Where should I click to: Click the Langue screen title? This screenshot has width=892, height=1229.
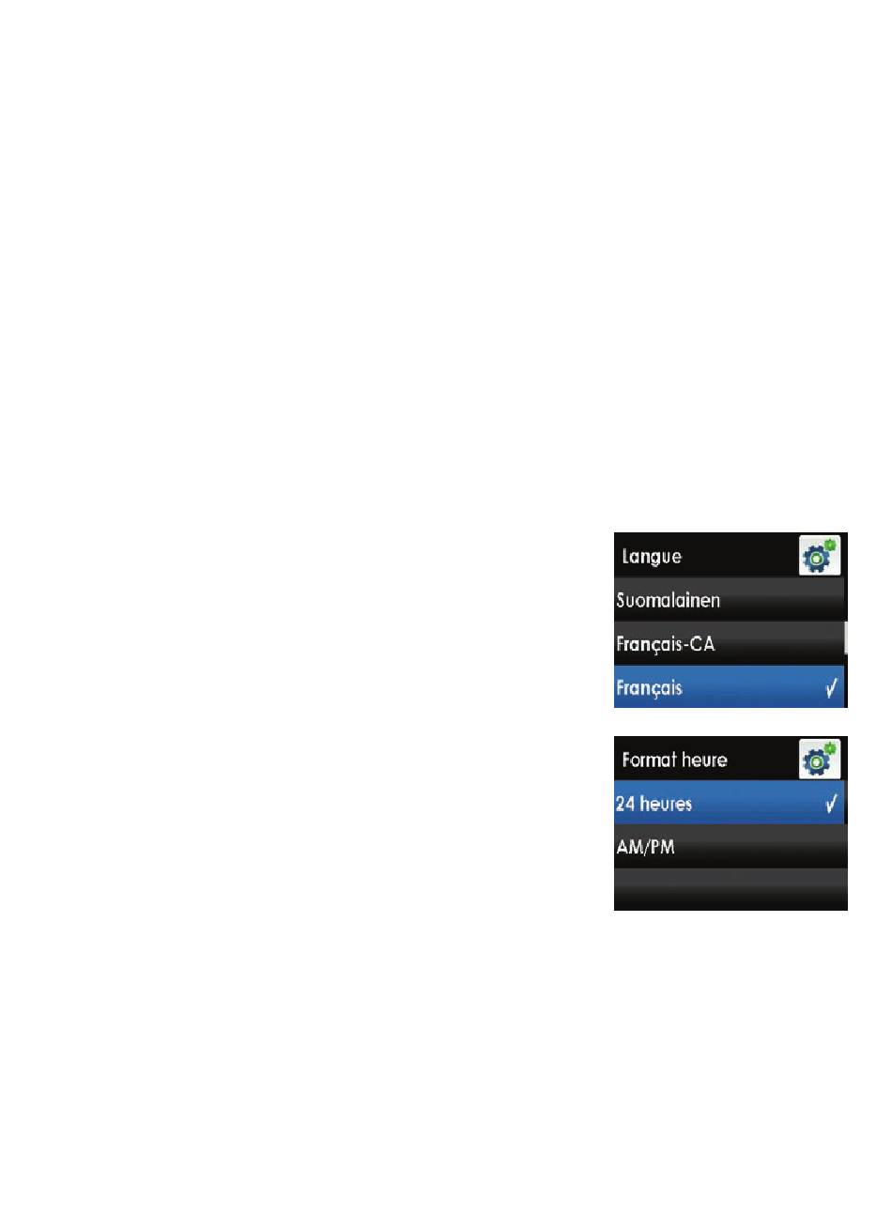652,557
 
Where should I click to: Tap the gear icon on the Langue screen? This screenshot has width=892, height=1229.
820,556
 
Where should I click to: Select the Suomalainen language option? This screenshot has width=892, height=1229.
668,600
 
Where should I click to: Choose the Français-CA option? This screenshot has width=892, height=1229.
666,645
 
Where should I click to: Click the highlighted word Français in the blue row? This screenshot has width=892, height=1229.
649,688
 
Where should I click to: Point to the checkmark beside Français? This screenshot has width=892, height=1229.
832,688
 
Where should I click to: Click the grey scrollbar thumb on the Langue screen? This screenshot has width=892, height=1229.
845,638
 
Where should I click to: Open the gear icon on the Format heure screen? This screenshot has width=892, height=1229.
820,760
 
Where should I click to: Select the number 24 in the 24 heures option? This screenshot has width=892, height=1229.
625,805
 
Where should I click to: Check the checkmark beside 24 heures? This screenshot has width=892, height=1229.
832,805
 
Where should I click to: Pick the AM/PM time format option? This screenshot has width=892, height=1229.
645,848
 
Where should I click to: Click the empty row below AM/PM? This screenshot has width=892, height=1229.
731,890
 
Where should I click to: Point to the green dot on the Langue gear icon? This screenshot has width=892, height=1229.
831,545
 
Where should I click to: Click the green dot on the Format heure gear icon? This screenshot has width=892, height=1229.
831,748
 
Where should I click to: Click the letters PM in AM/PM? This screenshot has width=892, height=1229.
663,848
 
